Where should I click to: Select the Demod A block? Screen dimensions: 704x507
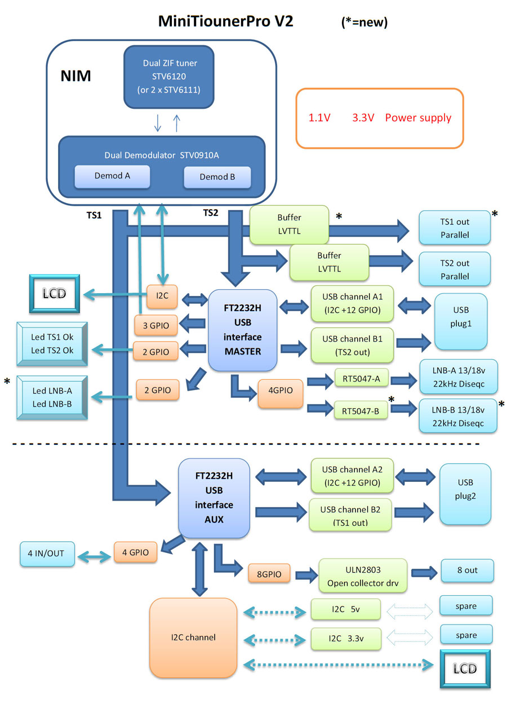[113, 176]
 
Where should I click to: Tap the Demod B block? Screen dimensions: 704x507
[217, 177]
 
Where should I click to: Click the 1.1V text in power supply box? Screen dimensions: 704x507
[319, 118]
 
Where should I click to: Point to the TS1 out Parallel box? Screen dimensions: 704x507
[454, 228]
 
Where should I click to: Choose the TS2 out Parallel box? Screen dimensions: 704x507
[454, 270]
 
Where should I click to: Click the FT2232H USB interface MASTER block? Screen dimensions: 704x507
[243, 330]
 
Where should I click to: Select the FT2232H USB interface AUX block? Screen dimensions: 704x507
[214, 498]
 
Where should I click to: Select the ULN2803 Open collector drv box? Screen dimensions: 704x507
[362, 575]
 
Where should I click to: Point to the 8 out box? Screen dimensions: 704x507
[466, 570]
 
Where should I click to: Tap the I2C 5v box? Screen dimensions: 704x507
[345, 609]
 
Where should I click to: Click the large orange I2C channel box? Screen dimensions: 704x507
[193, 637]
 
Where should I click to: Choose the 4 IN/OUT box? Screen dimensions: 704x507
[47, 554]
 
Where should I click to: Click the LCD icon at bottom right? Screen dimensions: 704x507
[465, 669]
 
